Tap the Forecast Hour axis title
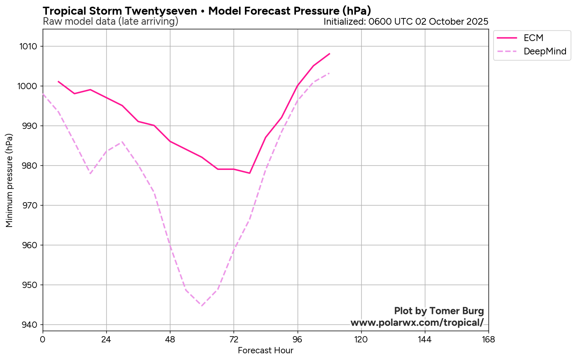click(x=265, y=351)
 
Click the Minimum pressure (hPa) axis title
click(x=10, y=181)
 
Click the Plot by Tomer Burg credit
click(x=439, y=311)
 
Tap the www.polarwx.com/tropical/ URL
click(x=417, y=323)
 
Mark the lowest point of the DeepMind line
click(x=202, y=306)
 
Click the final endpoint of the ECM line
click(x=329, y=54)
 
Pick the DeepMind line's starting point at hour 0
click(x=43, y=94)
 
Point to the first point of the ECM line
click(x=59, y=82)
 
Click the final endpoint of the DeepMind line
click(x=329, y=73)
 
